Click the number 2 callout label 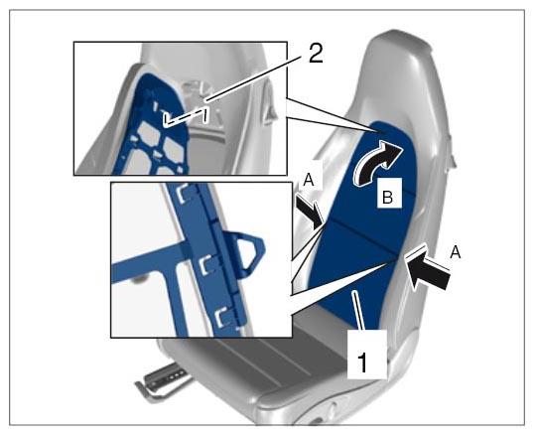coord(316,54)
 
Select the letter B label coord(388,197)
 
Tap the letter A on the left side coord(309,180)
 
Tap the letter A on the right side coord(455,253)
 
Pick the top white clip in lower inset coord(184,195)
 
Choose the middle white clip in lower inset coord(206,265)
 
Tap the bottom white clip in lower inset coord(223,317)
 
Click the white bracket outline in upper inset coord(186,117)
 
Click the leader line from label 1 coord(359,310)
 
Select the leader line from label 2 coord(255,77)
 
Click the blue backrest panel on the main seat coord(361,231)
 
